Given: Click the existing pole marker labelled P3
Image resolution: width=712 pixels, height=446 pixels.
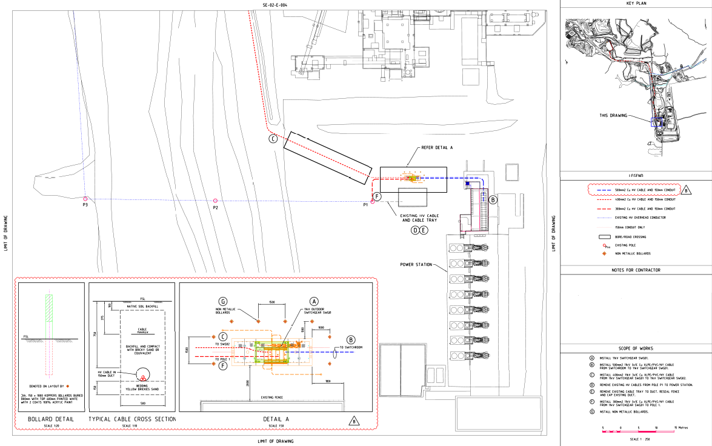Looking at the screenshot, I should coord(85,199).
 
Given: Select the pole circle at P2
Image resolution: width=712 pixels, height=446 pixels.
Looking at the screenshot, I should coord(215,201).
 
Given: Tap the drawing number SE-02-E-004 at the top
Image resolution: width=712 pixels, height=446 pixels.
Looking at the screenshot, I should coord(275,5).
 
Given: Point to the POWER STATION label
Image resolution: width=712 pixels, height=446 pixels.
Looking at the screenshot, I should coord(416,265).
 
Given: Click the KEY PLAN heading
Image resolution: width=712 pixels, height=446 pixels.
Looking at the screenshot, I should coord(636,4).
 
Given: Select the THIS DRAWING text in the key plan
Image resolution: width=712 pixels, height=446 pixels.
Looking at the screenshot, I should coord(613,115).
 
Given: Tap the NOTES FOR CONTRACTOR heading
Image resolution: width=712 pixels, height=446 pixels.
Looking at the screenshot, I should coord(636,270).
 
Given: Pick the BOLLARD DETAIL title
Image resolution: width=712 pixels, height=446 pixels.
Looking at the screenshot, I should coord(52,419).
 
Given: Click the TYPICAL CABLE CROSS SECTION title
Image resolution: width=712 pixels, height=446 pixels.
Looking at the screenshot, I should coord(132,419).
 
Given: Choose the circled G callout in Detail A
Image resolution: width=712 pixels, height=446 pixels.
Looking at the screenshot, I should coord(223,301).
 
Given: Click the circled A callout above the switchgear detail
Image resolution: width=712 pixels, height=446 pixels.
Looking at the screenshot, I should coord(314,301).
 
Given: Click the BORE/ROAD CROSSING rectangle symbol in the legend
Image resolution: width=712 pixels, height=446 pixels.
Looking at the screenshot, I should coord(603,237).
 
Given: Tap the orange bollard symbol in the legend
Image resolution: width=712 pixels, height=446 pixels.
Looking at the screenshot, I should coord(604,253).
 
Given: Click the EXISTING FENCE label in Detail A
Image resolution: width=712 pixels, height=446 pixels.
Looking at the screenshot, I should coord(273,398).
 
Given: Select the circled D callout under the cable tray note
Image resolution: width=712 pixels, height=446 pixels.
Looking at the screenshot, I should coord(415,230).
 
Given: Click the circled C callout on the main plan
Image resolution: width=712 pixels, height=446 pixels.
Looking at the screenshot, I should coord(273,139).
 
